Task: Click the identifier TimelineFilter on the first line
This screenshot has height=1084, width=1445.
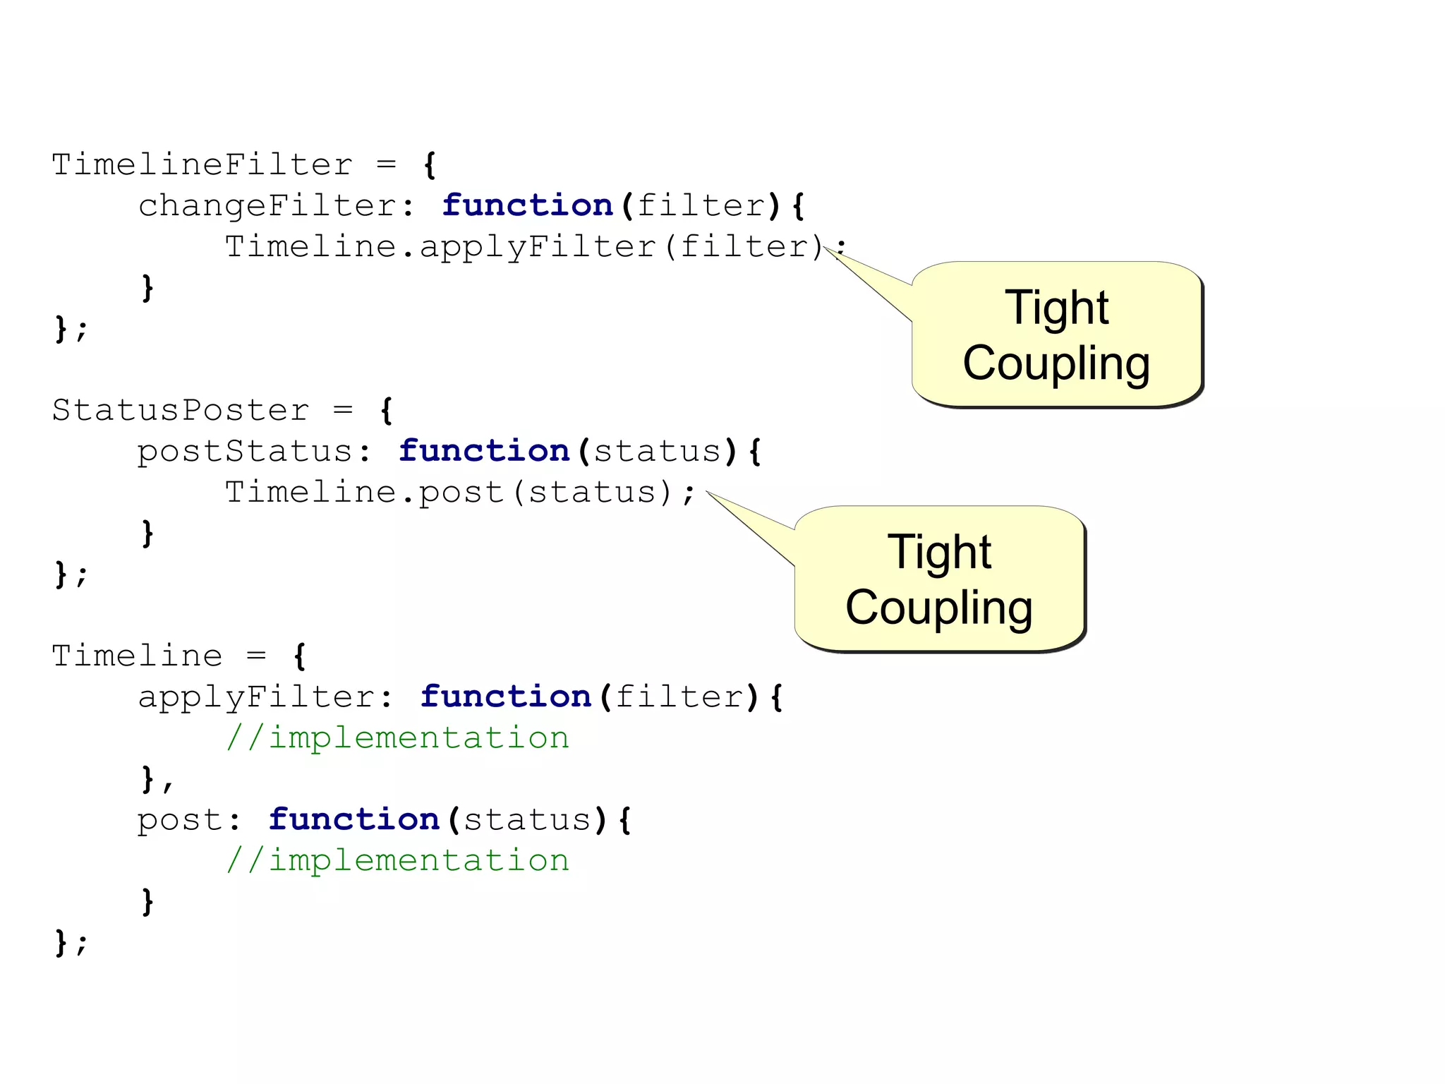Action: coord(202,165)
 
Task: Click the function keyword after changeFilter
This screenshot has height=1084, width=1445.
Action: coord(527,205)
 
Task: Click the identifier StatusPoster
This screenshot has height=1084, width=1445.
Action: coord(181,410)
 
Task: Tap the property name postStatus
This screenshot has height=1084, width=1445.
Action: coord(245,452)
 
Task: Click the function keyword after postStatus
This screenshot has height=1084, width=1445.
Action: coord(484,451)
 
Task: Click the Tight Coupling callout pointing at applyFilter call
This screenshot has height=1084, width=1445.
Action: coord(1056,335)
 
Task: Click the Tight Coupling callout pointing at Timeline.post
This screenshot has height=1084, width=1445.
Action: coord(939,579)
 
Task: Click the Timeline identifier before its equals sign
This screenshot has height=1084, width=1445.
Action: coord(138,656)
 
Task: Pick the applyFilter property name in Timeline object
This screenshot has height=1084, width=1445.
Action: coord(256,697)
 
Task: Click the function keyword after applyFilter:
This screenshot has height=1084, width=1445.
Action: coord(506,697)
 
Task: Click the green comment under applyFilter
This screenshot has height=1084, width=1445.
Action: coord(397,738)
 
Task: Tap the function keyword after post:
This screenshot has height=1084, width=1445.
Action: coord(354,819)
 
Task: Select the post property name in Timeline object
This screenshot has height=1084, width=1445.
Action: coord(180,820)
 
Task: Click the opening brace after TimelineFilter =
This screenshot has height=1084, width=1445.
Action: coord(430,165)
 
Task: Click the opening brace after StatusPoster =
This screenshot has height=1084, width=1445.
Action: coord(387,410)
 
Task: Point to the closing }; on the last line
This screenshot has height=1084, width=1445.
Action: coord(71,943)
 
